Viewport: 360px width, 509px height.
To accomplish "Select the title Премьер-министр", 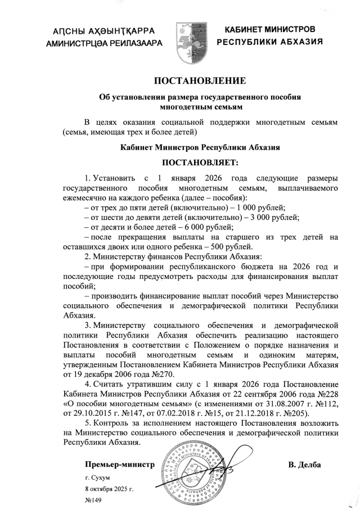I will (119, 465).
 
